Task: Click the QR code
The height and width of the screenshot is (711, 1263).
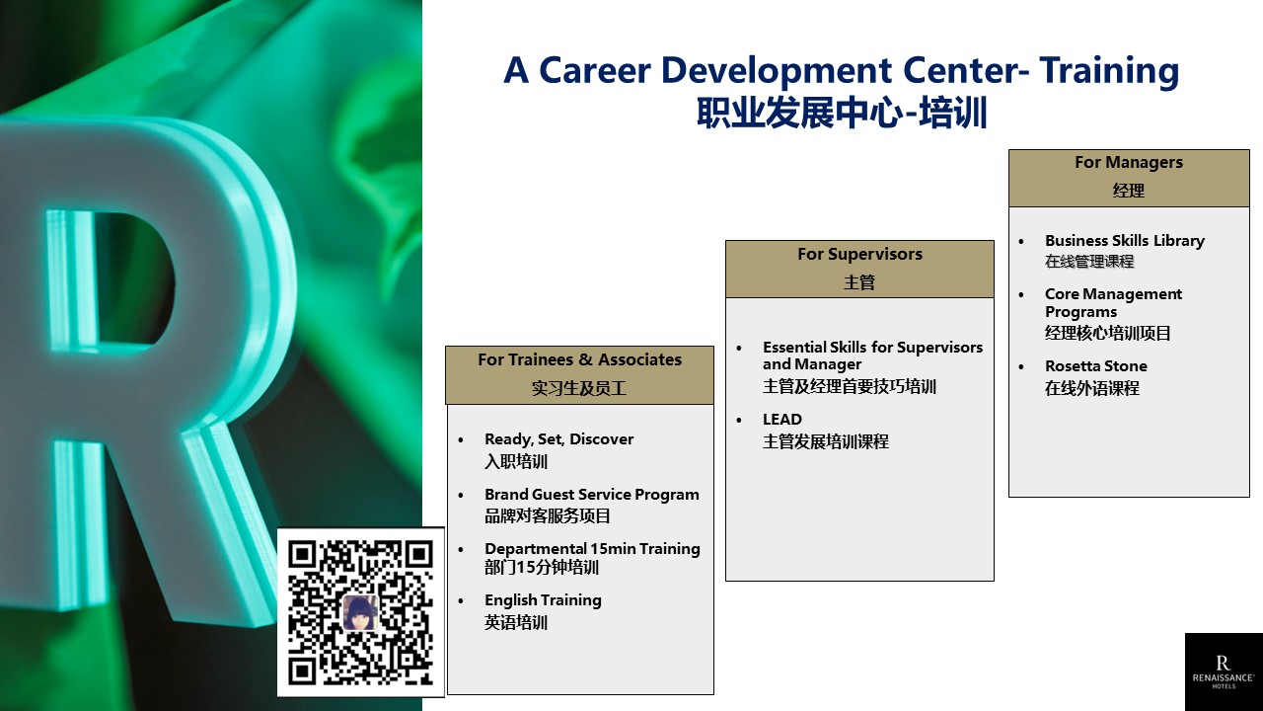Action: (360, 612)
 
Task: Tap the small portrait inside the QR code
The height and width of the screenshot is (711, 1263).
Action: (360, 612)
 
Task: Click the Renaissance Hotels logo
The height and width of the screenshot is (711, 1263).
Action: (1223, 671)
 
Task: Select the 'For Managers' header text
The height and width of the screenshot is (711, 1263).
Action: (1128, 163)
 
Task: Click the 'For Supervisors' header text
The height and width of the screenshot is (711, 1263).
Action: (859, 255)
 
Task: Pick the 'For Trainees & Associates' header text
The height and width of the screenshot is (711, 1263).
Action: (579, 360)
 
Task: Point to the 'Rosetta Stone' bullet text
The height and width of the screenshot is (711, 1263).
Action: (1096, 366)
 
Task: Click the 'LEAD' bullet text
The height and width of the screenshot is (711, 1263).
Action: (782, 420)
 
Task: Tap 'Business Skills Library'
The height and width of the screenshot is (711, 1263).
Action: (1125, 241)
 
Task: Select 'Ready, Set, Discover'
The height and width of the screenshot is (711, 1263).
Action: (558, 439)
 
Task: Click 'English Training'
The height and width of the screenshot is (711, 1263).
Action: (543, 600)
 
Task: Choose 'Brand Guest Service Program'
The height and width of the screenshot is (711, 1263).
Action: (592, 495)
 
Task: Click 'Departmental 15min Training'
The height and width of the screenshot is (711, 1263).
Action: (593, 549)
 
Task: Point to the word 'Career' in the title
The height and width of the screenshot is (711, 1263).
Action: (595, 70)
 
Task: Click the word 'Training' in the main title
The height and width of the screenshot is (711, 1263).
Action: (1109, 72)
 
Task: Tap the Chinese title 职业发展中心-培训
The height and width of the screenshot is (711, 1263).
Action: (842, 113)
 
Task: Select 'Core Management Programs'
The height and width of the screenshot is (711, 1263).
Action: (1114, 303)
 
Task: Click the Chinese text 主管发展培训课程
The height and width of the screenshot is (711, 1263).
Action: (826, 441)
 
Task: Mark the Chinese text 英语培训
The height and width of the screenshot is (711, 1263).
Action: (516, 623)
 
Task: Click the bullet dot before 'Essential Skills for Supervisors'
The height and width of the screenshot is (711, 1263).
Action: (739, 349)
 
